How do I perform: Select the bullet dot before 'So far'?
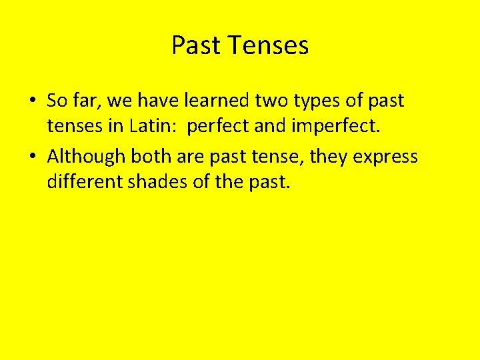tap(33, 101)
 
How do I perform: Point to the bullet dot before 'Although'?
tap(33, 157)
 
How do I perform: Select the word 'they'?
tap(327, 157)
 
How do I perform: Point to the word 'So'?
tap(56, 101)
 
